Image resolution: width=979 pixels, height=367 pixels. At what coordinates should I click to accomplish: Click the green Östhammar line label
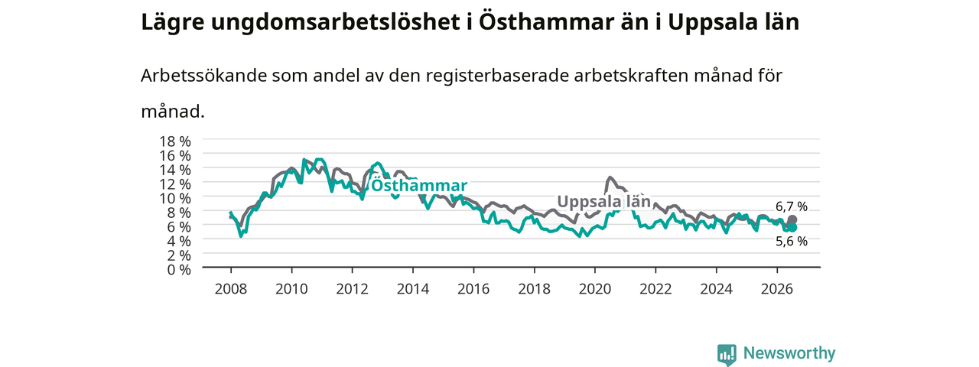tap(419, 186)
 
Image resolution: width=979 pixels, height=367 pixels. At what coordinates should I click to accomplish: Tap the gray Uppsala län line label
tap(604, 201)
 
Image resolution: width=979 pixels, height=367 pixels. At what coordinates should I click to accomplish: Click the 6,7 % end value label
tap(792, 206)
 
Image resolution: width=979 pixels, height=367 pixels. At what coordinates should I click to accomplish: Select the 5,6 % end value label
tap(792, 241)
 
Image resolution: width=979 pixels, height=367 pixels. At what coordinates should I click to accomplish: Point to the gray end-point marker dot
tap(792, 219)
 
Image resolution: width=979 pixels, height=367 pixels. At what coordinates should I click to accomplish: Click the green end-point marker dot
tap(792, 228)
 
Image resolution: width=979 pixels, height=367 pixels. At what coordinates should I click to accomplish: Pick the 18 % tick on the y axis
tap(175, 141)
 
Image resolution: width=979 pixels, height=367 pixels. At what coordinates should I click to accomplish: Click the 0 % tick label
tap(179, 270)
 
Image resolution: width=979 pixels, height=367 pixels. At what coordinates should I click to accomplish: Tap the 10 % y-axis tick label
tap(175, 198)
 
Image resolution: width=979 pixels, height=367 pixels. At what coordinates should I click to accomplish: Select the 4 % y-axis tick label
tap(179, 241)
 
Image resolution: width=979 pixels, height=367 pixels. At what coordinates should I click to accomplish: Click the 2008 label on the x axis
tap(231, 289)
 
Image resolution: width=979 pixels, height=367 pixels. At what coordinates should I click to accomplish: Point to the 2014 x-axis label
tap(412, 289)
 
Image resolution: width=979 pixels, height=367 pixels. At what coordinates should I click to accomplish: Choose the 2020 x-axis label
tap(595, 289)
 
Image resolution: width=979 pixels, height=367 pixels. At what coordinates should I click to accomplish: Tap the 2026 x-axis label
tap(777, 289)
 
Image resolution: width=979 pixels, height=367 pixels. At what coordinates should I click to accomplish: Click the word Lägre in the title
tap(173, 23)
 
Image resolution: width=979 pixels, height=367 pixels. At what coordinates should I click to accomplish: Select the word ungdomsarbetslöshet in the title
tap(336, 23)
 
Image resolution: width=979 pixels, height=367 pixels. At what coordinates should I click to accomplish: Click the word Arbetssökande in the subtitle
tap(203, 76)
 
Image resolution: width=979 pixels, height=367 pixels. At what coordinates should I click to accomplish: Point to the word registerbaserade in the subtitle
tap(497, 76)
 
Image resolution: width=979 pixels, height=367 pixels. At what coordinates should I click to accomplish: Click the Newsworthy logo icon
tap(727, 355)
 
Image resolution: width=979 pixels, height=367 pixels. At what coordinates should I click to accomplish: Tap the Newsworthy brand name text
tap(789, 353)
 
